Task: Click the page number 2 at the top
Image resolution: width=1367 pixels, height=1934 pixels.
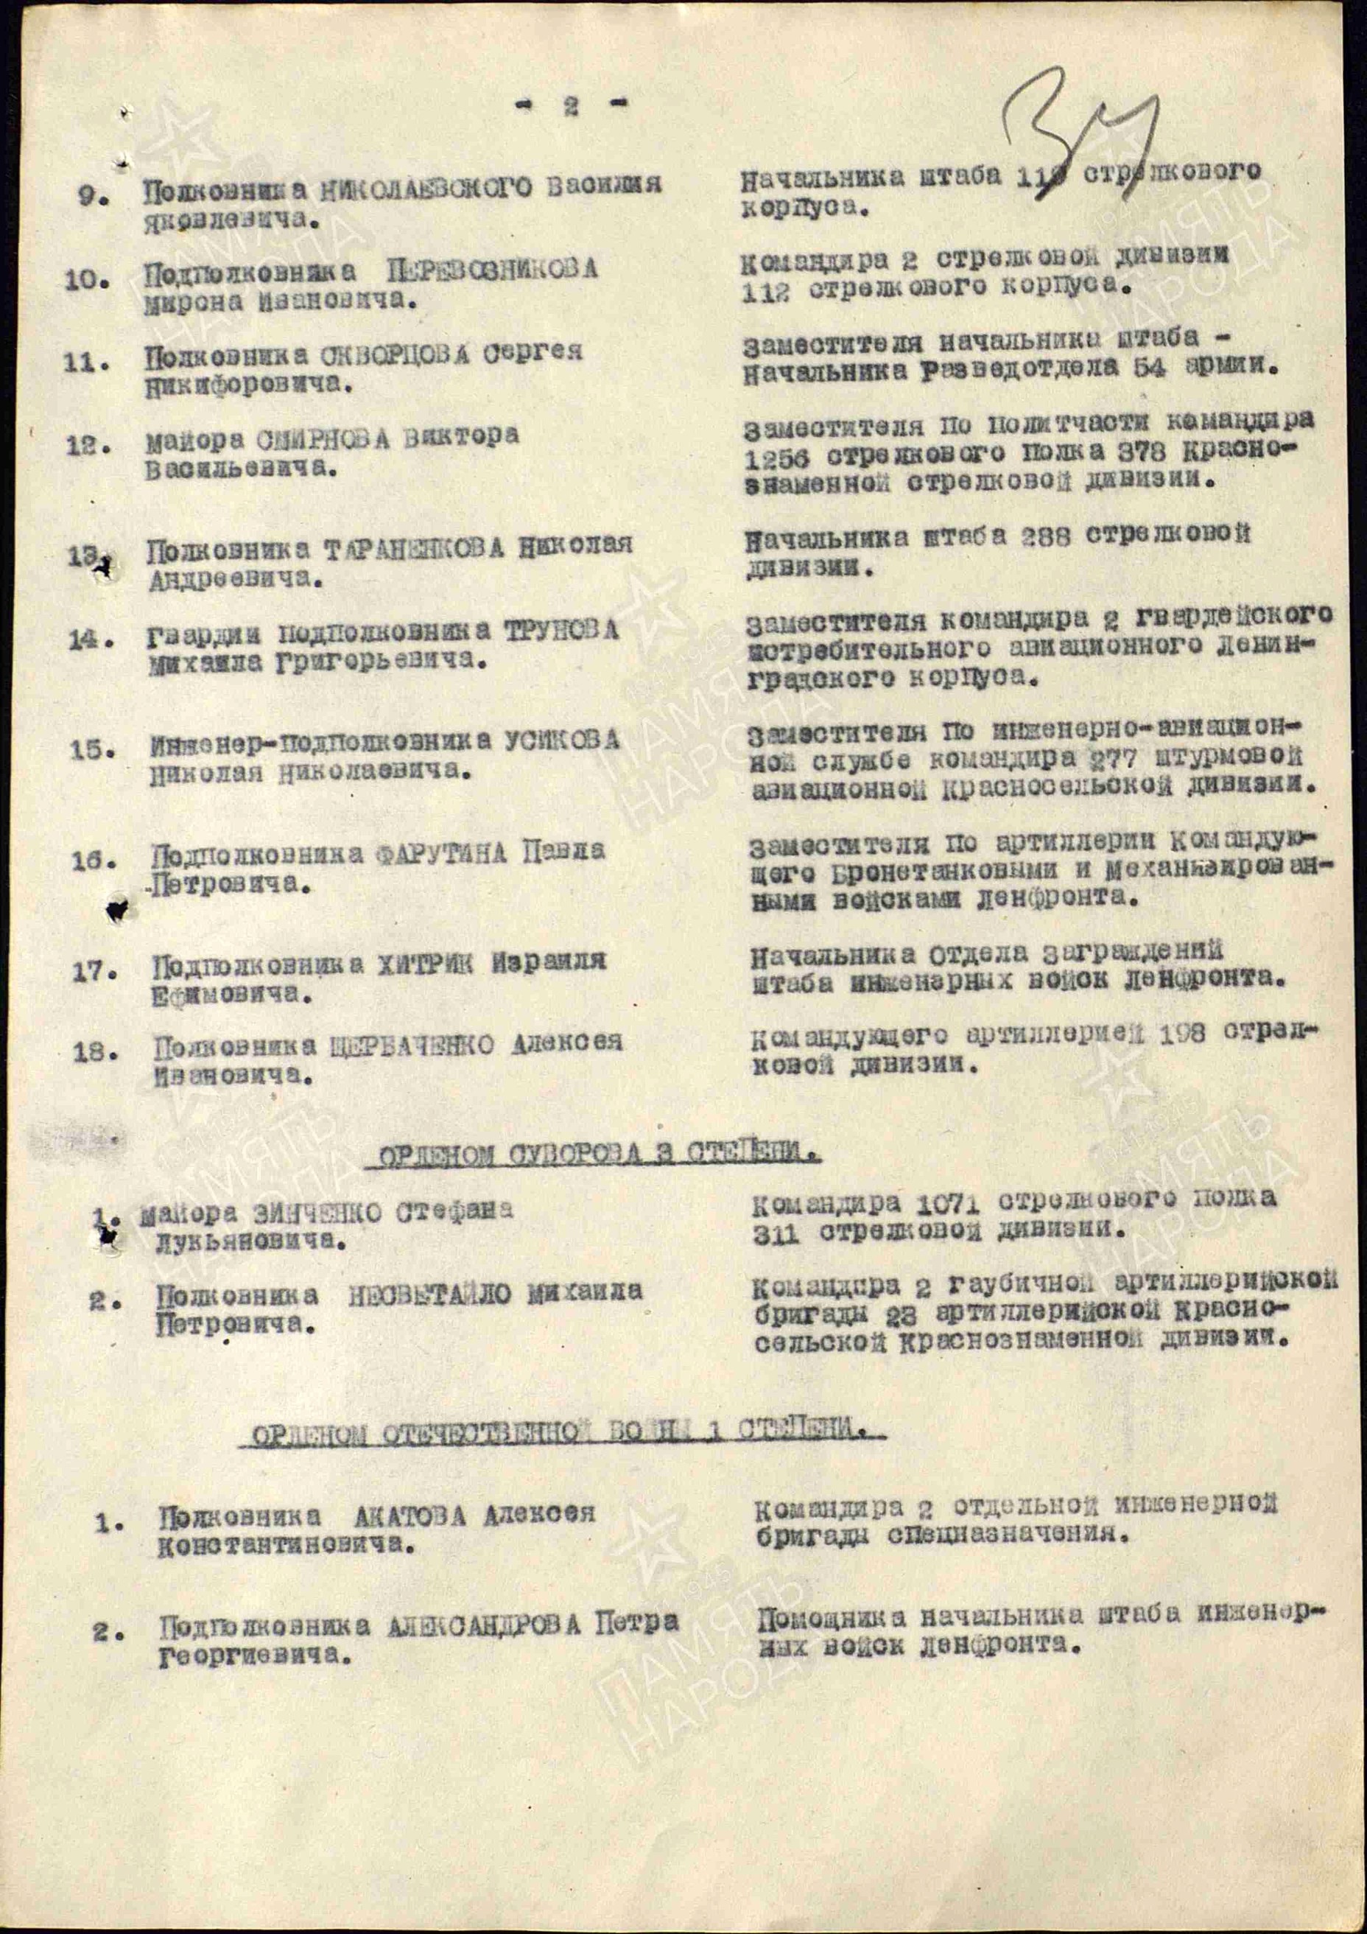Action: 572,106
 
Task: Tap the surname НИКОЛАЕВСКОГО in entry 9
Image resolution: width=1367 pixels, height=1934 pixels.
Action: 426,186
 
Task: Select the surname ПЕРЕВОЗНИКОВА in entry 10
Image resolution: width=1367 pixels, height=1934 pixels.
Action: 492,270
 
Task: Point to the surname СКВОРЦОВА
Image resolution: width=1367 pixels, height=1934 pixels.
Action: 393,354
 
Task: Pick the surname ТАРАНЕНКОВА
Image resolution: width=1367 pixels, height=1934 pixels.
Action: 415,548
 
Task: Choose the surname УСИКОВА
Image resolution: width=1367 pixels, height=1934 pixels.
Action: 562,740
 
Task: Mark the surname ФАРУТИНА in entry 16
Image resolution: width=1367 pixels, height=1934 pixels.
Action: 441,854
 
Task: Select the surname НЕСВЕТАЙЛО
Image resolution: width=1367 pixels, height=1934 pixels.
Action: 429,1294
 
